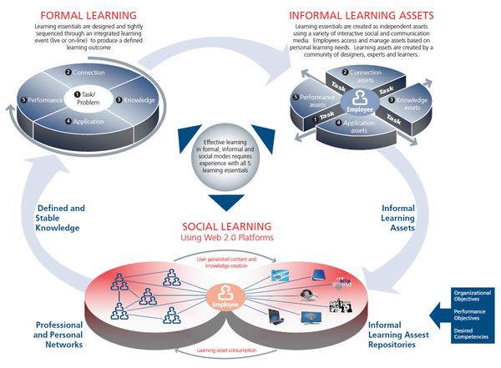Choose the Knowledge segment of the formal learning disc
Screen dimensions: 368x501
[x=134, y=99]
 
